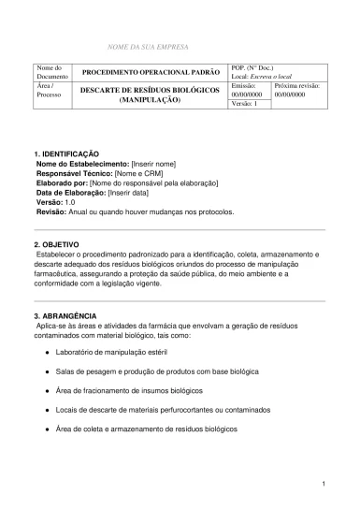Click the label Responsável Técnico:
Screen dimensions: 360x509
pos(74,174)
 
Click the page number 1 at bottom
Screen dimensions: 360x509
pos(321,484)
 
